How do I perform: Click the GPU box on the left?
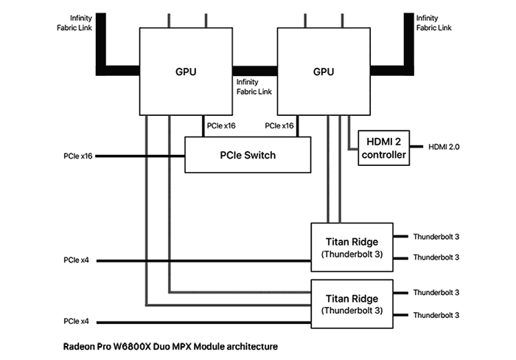[186, 72]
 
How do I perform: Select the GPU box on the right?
[324, 72]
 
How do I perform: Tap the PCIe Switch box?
[248, 155]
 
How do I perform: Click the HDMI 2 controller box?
[384, 148]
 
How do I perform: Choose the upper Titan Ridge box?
[352, 247]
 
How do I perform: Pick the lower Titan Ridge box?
[352, 304]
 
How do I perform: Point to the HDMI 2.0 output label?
[444, 147]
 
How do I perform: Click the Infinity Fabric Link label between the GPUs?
[254, 86]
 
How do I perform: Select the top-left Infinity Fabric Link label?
[74, 23]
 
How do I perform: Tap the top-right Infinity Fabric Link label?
[433, 23]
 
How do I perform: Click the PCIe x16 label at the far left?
[78, 156]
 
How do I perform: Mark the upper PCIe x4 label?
[77, 260]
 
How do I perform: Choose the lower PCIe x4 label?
[77, 321]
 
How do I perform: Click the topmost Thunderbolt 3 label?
[436, 237]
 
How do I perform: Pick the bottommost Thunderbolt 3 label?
[436, 315]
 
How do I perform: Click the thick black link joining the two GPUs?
[255, 71]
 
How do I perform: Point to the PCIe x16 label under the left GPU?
[221, 126]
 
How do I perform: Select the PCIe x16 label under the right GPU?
[279, 126]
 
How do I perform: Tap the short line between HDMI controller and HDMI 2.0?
[416, 147]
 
